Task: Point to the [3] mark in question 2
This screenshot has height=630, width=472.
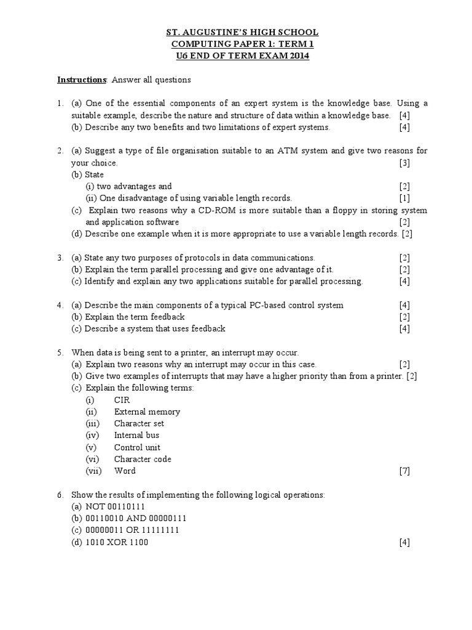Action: (404, 163)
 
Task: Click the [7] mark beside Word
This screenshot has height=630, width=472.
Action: (404, 471)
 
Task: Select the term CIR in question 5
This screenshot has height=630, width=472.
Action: (122, 400)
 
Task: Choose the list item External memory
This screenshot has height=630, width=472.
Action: (147, 412)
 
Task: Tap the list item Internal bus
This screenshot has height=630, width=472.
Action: (136, 436)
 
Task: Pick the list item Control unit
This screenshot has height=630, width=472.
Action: (137, 447)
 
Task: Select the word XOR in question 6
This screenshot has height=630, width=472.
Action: (116, 542)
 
